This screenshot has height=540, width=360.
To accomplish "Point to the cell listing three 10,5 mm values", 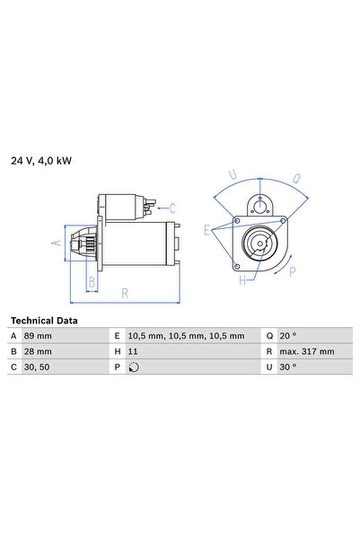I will coord(187,336).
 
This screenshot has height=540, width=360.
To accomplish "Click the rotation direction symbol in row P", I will coord(135,367).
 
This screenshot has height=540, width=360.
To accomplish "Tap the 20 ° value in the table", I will coord(288,336).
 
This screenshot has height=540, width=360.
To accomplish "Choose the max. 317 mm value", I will coord(306,351).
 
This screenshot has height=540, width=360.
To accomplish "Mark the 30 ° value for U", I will coord(288,367).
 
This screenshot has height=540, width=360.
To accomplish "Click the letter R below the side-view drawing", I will coord(126,292).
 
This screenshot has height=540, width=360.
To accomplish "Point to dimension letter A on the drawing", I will coord(54,243).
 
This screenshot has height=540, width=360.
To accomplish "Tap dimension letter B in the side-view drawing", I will coord(91,281).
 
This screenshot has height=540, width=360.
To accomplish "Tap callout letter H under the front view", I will coord(241,280).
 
